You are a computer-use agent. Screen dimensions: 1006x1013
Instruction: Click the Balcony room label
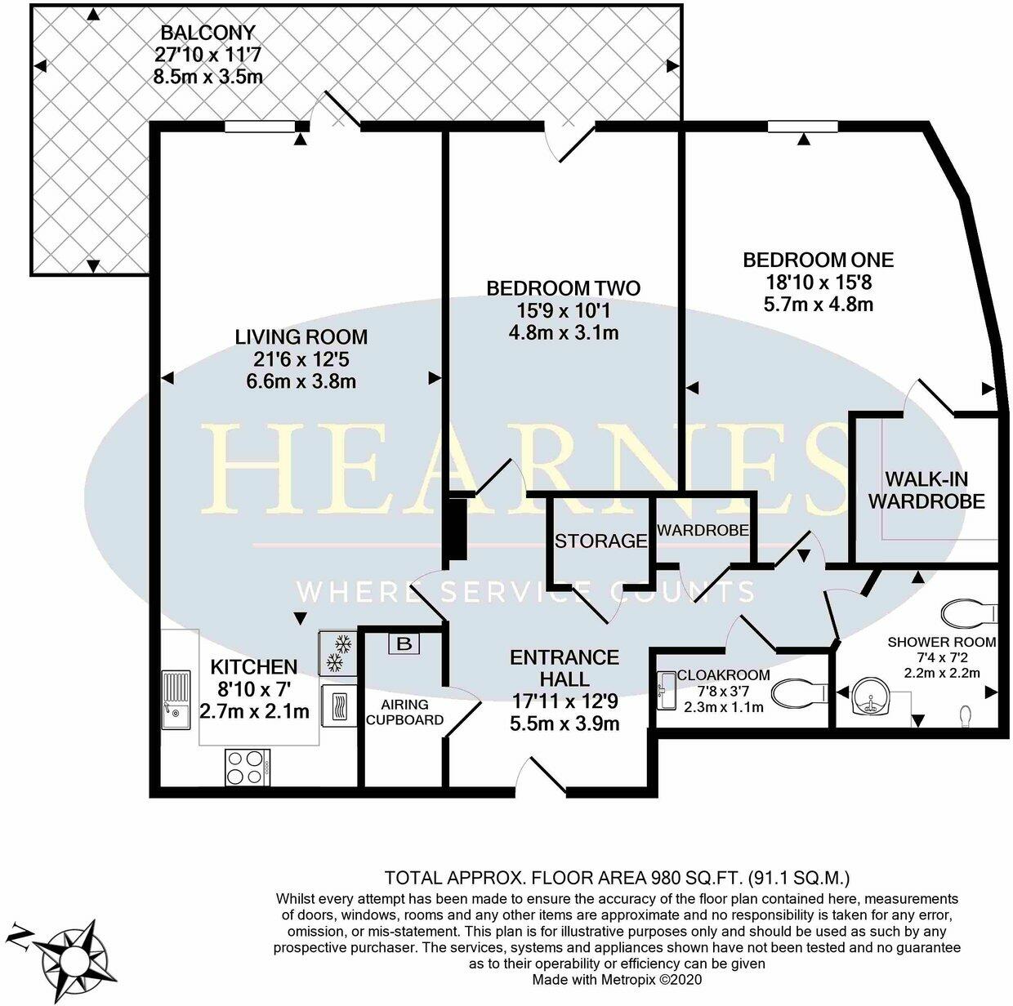208,33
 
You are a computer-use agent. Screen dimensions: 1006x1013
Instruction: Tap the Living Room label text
301,336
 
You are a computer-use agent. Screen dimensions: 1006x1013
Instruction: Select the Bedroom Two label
563,288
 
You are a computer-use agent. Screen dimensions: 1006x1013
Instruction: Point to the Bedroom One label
818,260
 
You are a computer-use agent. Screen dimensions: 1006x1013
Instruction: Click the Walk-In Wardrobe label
926,490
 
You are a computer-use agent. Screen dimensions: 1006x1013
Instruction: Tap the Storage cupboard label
600,541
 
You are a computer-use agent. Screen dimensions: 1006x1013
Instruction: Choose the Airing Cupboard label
404,712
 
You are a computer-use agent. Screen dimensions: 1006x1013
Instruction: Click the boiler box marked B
403,644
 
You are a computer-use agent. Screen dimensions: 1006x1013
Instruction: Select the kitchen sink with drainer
176,701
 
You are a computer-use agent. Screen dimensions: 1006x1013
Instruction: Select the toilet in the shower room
969,612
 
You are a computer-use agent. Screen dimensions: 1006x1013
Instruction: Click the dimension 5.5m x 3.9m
564,723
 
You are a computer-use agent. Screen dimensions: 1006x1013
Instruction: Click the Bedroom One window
802,126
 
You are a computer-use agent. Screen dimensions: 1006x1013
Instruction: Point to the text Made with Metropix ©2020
617,978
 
